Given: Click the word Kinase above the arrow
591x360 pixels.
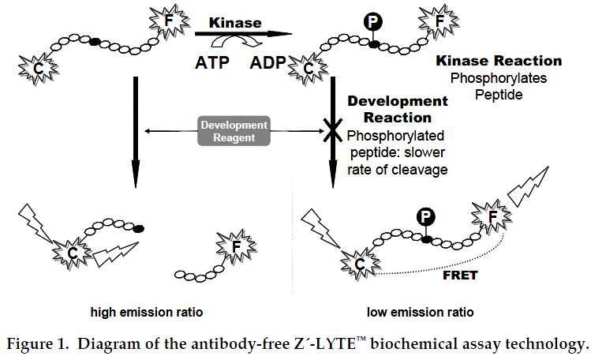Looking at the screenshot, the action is (x=235, y=23).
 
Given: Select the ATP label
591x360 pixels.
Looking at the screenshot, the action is (x=212, y=62).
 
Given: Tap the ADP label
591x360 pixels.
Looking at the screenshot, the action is (x=268, y=62).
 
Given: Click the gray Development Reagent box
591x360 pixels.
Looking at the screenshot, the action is (x=234, y=131).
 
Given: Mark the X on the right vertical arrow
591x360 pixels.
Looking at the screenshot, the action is (x=333, y=130).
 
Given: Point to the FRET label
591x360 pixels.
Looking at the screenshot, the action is (x=460, y=276).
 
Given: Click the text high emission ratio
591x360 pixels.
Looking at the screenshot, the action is (x=147, y=312).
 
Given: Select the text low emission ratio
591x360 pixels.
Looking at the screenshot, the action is (x=421, y=312).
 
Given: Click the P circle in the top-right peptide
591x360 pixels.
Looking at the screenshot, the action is (x=373, y=22).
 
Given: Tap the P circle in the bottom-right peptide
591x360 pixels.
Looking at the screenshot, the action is (x=426, y=217).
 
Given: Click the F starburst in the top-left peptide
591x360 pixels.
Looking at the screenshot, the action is (x=169, y=21).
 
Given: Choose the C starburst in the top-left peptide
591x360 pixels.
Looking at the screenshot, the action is (x=38, y=69).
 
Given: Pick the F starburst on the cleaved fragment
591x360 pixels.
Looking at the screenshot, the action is (x=237, y=247).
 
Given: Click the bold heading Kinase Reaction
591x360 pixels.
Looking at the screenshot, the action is (x=499, y=61).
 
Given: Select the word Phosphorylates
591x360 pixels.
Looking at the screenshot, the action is (x=499, y=78).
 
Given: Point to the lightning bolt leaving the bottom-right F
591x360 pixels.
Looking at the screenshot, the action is (x=528, y=187).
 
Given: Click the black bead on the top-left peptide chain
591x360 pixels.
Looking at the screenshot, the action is (x=95, y=42).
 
